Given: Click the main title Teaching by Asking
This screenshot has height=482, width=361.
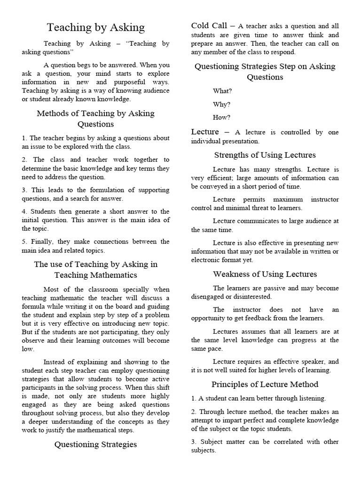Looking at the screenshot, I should (96, 28).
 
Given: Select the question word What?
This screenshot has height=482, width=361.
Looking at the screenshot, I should (222, 91).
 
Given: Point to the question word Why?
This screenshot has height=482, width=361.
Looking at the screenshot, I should (222, 104).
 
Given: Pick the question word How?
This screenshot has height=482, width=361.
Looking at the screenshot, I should (222, 117).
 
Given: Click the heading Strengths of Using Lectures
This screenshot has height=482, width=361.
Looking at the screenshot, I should (265, 155).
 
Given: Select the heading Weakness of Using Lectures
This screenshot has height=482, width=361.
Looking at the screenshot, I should (265, 274).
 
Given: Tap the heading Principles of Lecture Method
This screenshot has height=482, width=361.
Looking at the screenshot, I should (265, 384).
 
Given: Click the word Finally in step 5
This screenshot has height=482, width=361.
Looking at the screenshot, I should (39, 241).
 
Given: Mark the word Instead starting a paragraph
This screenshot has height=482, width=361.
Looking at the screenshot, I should (56, 361).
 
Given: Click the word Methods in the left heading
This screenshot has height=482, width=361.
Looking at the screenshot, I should (51, 113).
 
